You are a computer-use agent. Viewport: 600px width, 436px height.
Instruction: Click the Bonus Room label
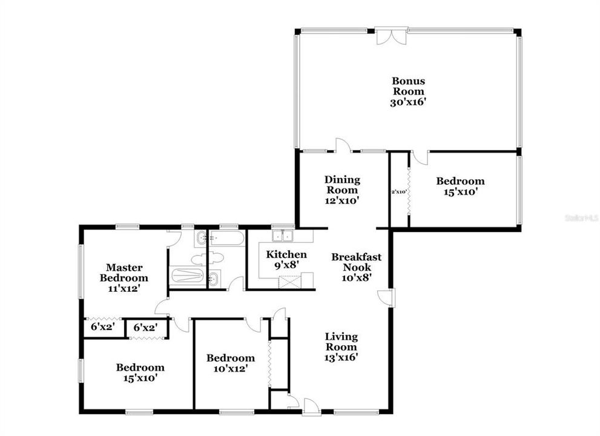[407, 86]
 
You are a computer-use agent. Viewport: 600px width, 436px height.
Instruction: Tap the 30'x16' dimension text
[407, 102]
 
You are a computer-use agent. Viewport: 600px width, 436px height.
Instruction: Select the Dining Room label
[342, 185]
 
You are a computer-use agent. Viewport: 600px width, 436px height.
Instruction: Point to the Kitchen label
[286, 254]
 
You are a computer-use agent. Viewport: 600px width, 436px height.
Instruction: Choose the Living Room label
[341, 342]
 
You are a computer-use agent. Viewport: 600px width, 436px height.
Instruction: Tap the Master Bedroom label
[124, 272]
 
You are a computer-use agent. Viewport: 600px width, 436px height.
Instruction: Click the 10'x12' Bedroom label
[230, 363]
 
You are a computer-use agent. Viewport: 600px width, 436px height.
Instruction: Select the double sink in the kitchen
[283, 236]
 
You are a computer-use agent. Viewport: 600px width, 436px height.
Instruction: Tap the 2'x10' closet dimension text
[398, 191]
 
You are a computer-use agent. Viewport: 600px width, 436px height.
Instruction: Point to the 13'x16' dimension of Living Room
[341, 357]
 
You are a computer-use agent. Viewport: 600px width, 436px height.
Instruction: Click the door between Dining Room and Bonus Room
[343, 145]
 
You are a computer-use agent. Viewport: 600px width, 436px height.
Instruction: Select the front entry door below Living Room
[310, 407]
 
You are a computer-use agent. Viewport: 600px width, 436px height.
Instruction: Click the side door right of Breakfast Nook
[386, 297]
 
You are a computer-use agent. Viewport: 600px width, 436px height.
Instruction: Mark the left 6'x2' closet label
[102, 327]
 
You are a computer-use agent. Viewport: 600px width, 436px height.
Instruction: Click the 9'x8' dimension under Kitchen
[286, 265]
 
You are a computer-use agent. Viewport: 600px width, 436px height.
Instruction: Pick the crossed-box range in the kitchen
[288, 280]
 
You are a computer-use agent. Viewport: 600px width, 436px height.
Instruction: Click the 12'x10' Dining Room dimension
[342, 200]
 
